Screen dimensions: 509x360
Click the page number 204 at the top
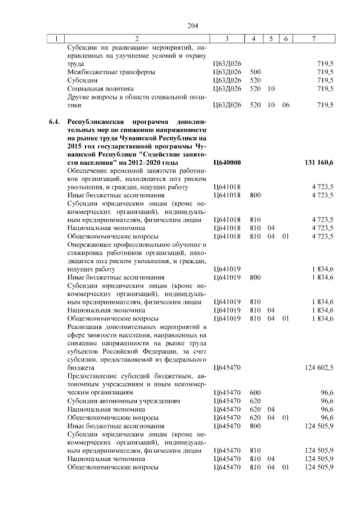(x=193, y=25)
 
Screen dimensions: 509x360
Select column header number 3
(x=226, y=39)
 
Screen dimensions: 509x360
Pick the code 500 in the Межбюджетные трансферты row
(x=255, y=72)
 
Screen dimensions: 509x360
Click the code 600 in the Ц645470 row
(x=255, y=391)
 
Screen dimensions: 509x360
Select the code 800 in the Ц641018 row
(x=255, y=195)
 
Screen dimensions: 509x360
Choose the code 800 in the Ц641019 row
(x=255, y=277)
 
